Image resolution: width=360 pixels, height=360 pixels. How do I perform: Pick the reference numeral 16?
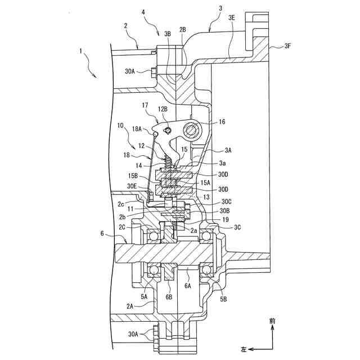pos(222,121)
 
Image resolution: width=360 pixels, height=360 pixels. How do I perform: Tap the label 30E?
pos(133,186)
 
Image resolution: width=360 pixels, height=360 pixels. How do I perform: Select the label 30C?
pos(226,201)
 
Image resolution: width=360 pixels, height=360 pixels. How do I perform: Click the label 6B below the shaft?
pos(169,297)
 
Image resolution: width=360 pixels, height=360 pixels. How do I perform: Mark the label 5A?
pos(145,296)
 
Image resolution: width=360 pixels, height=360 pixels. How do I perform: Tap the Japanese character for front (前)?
pos(273,321)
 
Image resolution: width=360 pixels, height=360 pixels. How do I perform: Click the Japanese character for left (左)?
pos(244,349)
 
